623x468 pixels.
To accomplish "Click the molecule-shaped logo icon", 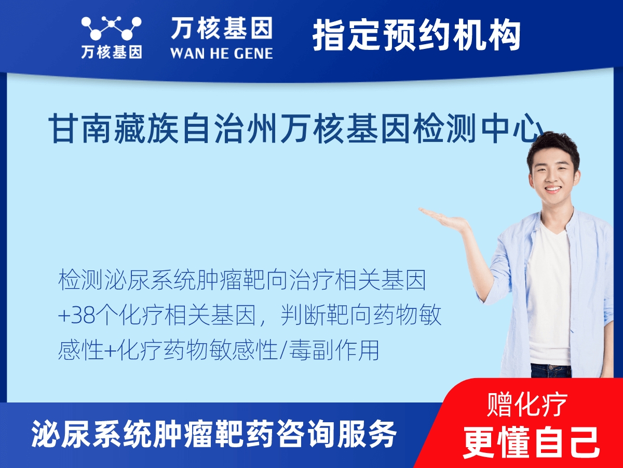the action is pos(111,28).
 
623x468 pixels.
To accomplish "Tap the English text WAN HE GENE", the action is pos(221,54).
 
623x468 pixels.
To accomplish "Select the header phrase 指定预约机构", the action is pos(417,35).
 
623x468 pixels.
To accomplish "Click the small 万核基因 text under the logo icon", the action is pos(112,52).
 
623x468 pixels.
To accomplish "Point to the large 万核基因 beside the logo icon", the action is pos(222,28).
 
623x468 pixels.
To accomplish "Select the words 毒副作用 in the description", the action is pos(334,350).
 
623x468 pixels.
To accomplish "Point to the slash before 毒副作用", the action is pos(283,350).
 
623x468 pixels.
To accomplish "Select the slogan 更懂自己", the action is pos(531,443).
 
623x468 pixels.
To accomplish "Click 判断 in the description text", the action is pos(303,316).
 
